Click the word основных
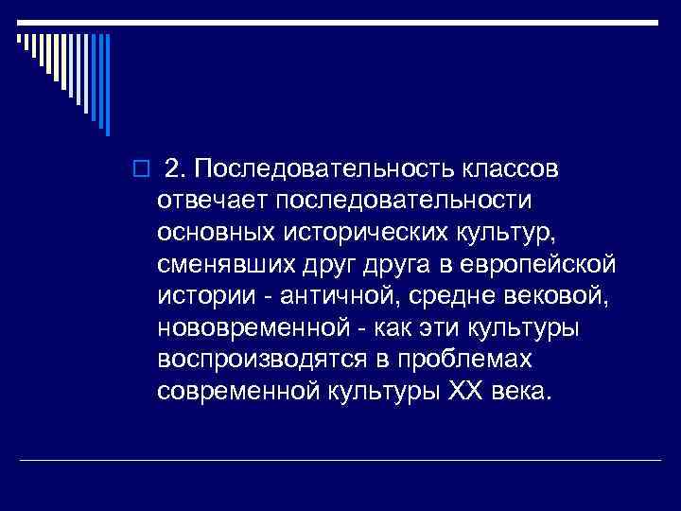(216, 233)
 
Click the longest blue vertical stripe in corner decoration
(109, 85)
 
